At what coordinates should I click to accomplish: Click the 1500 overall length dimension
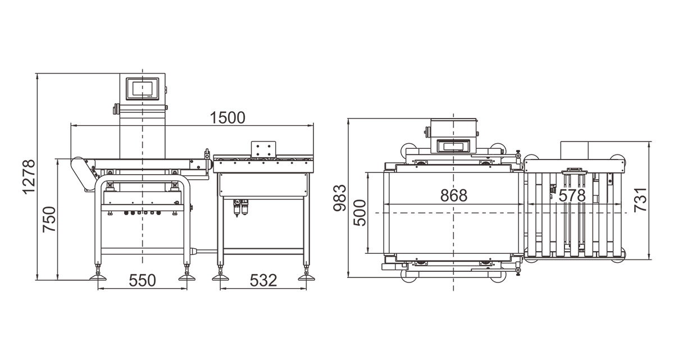(227, 117)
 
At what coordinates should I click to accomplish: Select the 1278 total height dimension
(29, 177)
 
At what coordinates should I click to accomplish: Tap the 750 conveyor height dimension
(49, 219)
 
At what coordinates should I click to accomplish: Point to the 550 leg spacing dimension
(142, 280)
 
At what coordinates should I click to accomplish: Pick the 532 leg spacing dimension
(263, 280)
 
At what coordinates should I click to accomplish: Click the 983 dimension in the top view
(340, 198)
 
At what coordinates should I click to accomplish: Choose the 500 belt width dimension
(359, 213)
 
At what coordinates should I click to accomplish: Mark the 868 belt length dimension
(454, 195)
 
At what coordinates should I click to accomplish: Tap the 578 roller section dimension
(572, 196)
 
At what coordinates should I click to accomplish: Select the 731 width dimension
(640, 200)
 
